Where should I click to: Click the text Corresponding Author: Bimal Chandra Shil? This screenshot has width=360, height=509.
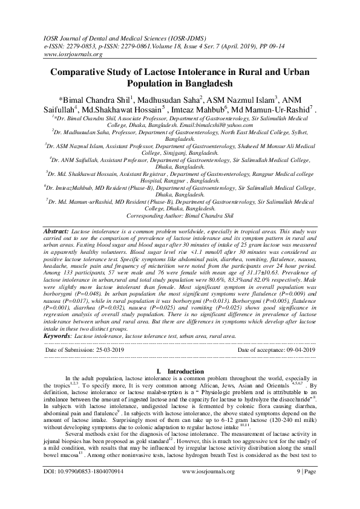tap(180, 215)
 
